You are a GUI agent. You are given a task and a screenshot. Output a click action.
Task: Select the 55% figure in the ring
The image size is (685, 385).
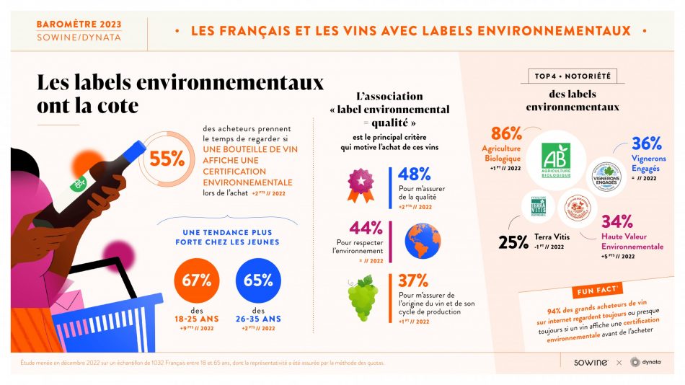point(167,159)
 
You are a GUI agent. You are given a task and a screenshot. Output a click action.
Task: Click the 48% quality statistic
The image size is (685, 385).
point(414,174)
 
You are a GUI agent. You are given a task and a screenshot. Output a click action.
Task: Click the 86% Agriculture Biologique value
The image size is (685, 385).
point(506,134)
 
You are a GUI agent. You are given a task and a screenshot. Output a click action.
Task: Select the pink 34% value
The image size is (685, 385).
point(617,221)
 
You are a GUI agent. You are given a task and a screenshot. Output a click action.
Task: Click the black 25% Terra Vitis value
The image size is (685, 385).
point(513,242)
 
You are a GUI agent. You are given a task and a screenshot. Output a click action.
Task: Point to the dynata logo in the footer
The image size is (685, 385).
point(645,362)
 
